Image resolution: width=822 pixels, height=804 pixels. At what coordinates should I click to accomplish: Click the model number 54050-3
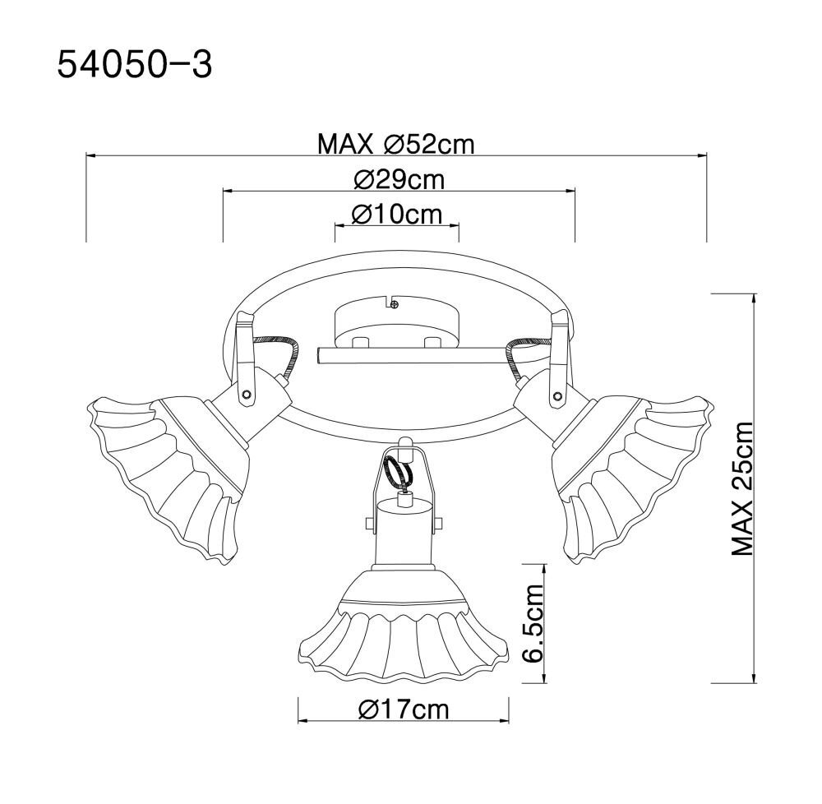[134, 65]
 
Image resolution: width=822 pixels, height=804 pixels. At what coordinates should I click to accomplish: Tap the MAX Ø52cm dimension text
[396, 144]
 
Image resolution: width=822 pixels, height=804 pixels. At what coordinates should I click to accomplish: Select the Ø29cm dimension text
[399, 180]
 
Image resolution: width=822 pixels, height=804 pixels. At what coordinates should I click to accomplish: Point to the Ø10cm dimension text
[397, 214]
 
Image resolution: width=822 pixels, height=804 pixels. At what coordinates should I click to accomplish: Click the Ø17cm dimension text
[404, 709]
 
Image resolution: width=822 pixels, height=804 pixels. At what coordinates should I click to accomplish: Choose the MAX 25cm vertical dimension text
[741, 488]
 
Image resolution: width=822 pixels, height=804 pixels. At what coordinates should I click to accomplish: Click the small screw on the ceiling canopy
[395, 303]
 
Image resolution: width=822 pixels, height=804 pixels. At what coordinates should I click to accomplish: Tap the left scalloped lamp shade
[168, 472]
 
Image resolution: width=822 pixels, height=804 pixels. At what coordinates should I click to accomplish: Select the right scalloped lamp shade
[631, 472]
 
